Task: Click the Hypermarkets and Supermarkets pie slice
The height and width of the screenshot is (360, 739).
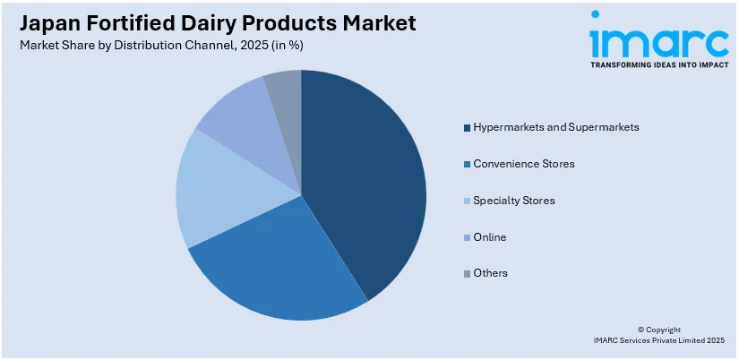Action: click(367, 179)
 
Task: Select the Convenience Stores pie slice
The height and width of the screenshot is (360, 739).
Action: click(269, 269)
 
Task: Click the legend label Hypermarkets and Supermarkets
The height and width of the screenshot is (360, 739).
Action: click(556, 127)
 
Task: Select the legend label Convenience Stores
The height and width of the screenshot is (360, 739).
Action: click(524, 164)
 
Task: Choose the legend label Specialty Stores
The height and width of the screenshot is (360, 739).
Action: click(514, 201)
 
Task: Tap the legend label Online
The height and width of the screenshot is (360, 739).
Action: click(490, 237)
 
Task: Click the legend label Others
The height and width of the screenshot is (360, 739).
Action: click(491, 273)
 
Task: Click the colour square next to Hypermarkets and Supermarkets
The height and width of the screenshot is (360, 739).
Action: click(467, 128)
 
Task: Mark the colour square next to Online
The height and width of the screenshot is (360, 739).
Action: click(467, 237)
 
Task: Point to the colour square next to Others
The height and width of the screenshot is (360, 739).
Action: click(467, 273)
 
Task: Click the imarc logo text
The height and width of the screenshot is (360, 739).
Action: click(658, 39)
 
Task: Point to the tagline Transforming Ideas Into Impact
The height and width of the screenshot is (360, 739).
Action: click(658, 65)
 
